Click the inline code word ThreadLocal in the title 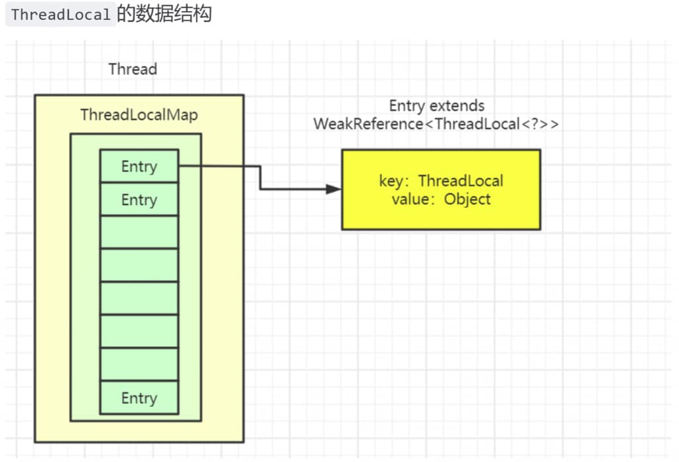tap(60, 15)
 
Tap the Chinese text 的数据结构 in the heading tap(164, 14)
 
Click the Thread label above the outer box tap(133, 69)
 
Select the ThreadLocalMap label tap(139, 115)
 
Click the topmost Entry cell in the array tap(139, 166)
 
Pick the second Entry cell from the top tap(139, 199)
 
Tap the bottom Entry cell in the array tap(139, 398)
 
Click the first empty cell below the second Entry tap(139, 232)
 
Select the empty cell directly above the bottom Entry tap(139, 364)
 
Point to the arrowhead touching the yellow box tap(336, 189)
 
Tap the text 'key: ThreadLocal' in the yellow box tap(441, 181)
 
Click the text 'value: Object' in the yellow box tap(441, 198)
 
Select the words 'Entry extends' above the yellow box tap(436, 106)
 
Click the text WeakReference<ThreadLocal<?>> tap(436, 123)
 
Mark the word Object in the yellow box tap(467, 198)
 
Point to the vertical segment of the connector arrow tap(260, 177)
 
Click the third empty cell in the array tap(139, 298)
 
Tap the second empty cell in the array tap(139, 265)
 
